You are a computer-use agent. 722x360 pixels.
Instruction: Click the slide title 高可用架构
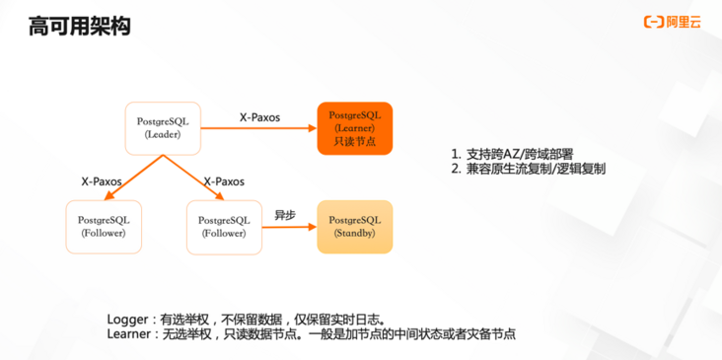pos(79,26)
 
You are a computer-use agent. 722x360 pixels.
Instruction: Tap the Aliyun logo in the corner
pos(674,22)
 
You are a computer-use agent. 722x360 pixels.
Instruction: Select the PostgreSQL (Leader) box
pos(163,127)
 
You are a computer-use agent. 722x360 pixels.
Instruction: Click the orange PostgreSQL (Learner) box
pos(354,128)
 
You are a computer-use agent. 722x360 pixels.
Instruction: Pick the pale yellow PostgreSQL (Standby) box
pos(354,226)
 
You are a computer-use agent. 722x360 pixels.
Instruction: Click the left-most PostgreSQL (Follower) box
pos(102,226)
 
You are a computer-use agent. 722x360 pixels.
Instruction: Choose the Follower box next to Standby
pos(223,226)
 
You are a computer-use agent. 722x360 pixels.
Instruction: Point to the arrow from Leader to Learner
pos(258,128)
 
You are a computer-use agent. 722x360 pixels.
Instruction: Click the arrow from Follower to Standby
pos(288,227)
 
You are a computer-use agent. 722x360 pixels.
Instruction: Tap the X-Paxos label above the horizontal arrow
pos(259,116)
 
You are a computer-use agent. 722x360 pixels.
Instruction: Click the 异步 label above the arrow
pos(286,213)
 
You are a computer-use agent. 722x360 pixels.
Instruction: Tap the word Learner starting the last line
pos(131,335)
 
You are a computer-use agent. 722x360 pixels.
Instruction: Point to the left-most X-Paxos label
pos(101,181)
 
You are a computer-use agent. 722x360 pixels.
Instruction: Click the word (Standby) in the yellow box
pos(354,233)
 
